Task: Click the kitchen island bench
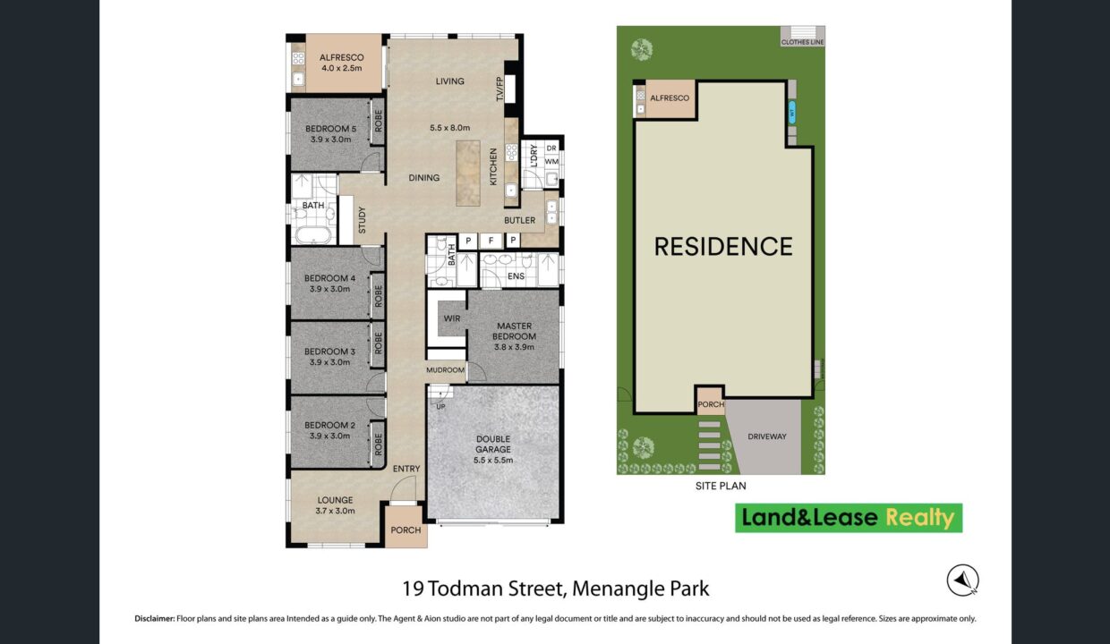(468, 174)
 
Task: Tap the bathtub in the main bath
(313, 234)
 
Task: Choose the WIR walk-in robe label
(452, 318)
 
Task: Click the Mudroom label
(446, 369)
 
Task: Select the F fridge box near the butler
(491, 241)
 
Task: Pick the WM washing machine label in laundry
(551, 161)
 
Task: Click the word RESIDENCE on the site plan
(723, 247)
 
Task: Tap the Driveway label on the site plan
(767, 436)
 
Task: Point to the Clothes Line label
(802, 43)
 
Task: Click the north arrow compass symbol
(963, 580)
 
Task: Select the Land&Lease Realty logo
(849, 518)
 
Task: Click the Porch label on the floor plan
(406, 530)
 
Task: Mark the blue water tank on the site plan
(792, 113)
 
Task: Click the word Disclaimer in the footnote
(155, 619)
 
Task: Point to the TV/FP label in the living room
(499, 89)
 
